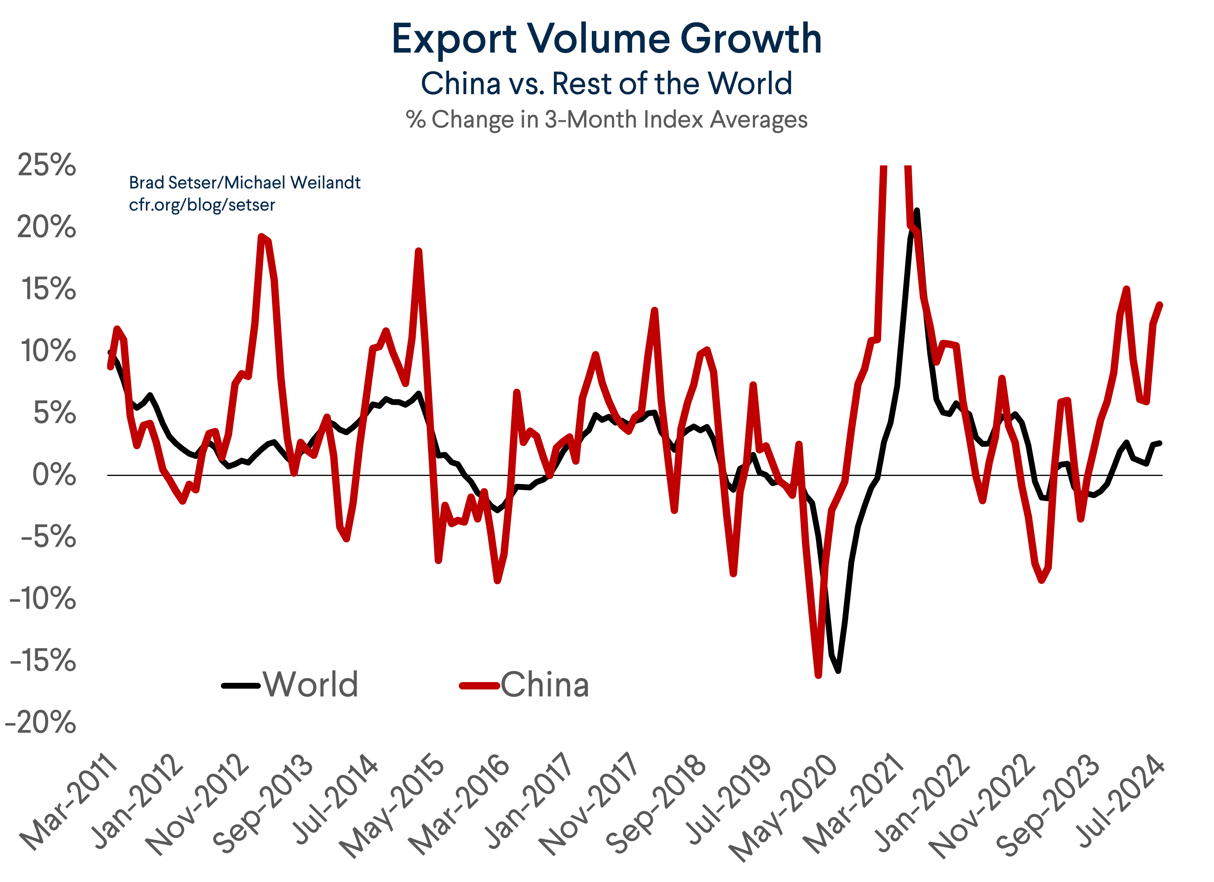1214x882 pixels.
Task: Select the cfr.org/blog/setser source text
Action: tap(202, 205)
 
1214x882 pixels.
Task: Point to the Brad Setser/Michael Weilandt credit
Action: tap(245, 182)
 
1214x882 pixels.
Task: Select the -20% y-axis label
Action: tap(41, 722)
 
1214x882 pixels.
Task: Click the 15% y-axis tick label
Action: tap(48, 289)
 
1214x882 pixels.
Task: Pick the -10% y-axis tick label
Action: tap(43, 598)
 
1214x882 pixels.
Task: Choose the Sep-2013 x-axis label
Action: tap(262, 803)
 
